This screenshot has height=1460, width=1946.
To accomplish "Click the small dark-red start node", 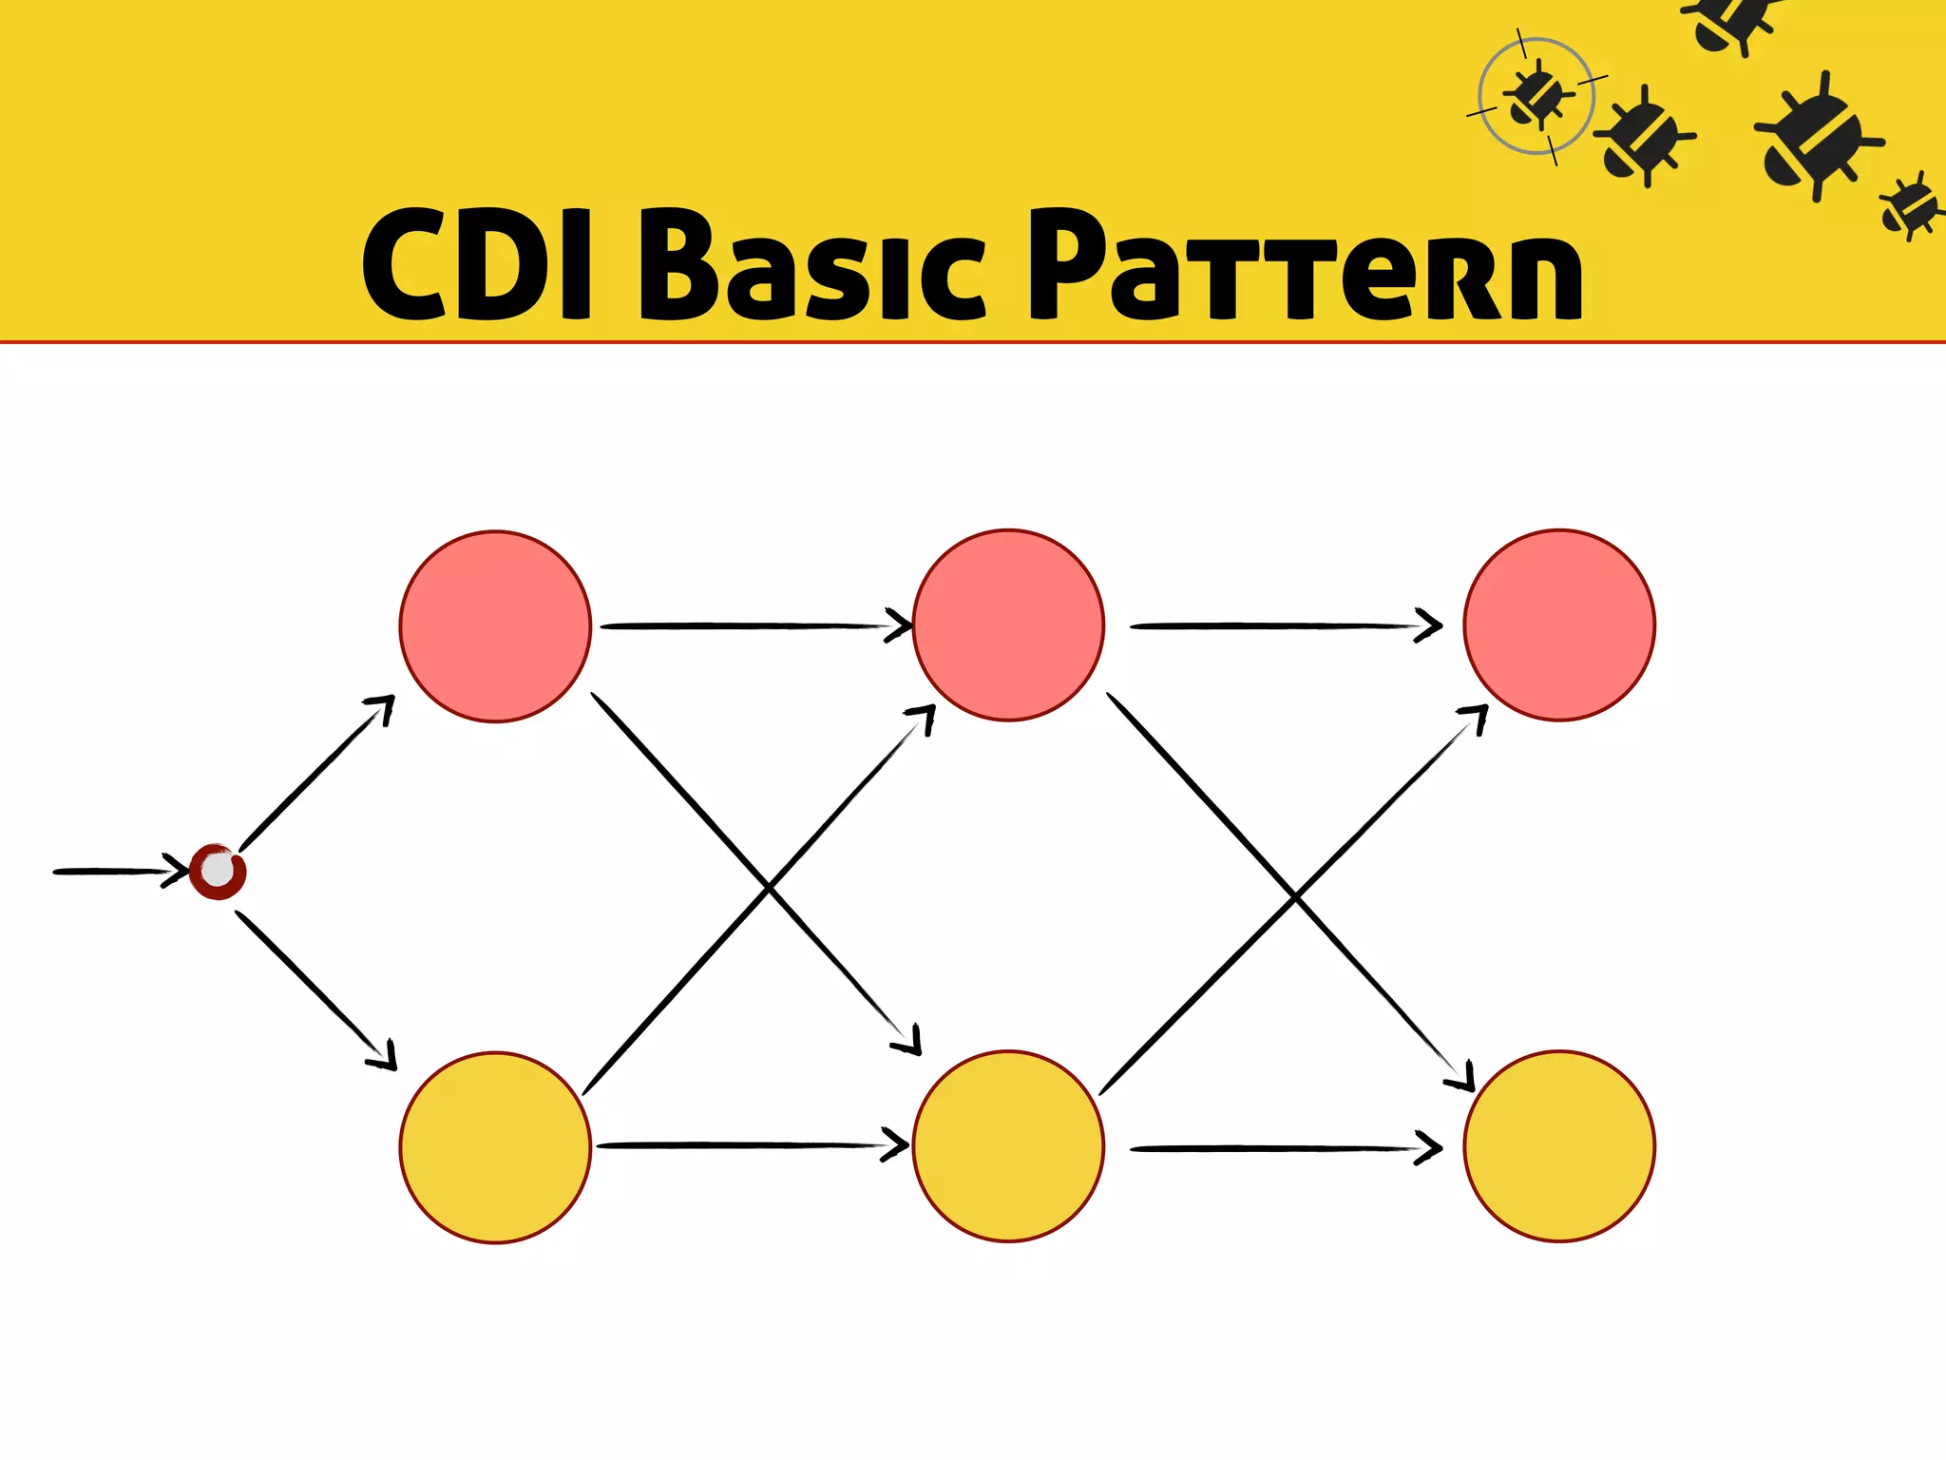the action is coord(218,871).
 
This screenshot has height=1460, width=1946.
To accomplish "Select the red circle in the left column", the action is coord(495,626).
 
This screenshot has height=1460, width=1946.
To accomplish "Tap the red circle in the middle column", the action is coord(1008,625).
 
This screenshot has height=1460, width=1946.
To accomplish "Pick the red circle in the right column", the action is coord(1559,625).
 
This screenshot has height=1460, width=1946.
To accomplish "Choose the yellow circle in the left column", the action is coord(495,1147).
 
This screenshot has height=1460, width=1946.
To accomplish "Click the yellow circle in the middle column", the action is coord(1008,1146).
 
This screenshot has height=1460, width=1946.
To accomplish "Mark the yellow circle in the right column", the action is coord(1559,1146).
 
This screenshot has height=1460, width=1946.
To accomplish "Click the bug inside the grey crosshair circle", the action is coord(1536,96).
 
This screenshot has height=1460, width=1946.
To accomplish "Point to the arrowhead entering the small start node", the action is coord(177,871).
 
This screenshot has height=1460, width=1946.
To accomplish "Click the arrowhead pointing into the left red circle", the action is coord(383,707).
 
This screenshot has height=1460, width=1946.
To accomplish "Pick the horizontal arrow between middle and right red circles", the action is coord(1283,626).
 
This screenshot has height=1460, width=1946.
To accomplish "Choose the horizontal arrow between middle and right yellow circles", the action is coord(1283,1149).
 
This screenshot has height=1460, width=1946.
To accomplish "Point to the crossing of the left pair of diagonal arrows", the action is coord(768,890).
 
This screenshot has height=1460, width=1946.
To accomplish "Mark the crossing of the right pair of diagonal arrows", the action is coord(1295,896).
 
